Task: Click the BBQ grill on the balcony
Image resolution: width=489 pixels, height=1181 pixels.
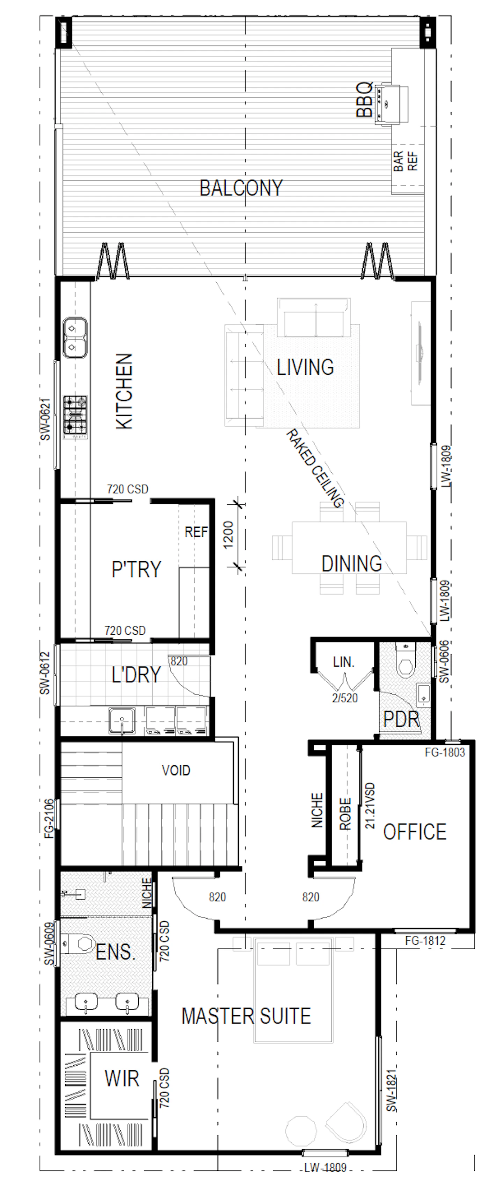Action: tap(391, 103)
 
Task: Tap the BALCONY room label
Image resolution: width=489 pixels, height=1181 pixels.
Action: tap(241, 188)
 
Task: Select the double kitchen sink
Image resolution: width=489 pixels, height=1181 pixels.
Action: tap(75, 337)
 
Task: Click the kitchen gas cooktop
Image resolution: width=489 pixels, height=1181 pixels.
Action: tap(75, 415)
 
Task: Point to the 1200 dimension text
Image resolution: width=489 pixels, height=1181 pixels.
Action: tap(229, 535)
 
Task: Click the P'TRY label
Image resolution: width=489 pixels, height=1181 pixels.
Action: tap(136, 569)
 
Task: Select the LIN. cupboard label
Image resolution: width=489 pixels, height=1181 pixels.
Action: tap(344, 662)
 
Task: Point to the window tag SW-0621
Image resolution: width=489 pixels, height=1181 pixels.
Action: tap(45, 419)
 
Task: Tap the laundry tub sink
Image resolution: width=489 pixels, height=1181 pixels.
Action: tap(122, 721)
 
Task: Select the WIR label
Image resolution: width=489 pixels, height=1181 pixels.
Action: tap(122, 1078)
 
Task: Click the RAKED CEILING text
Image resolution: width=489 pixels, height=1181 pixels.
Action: tap(314, 469)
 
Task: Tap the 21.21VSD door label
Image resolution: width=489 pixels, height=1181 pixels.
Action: tap(370, 806)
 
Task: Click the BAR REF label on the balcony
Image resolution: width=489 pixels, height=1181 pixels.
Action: tap(406, 161)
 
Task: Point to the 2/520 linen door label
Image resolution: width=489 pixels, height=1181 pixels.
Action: tap(345, 698)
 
